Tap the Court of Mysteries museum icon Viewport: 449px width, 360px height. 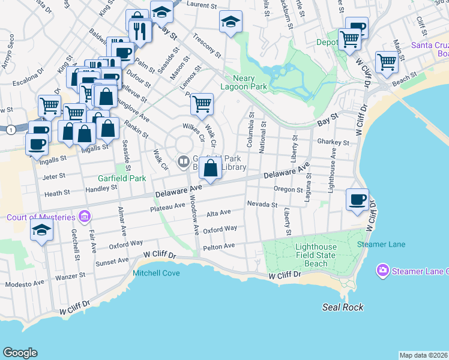(x=85, y=216)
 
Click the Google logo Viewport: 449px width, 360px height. (x=20, y=353)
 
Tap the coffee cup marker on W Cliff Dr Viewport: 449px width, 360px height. (x=358, y=200)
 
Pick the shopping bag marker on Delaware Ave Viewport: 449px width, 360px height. (x=211, y=169)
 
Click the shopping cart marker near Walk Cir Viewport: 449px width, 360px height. (x=202, y=104)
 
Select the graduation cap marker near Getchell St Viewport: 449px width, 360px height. (x=41, y=231)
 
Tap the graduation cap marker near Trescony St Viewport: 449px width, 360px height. (x=231, y=23)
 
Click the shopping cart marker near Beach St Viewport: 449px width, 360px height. (x=387, y=61)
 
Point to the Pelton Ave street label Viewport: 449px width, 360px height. (x=219, y=246)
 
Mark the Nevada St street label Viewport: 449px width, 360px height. (x=262, y=205)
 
